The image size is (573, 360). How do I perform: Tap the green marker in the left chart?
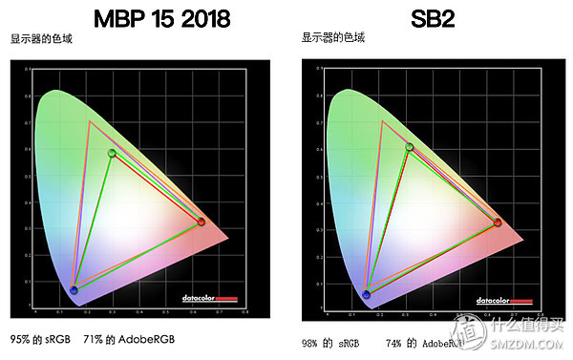tap(113, 153)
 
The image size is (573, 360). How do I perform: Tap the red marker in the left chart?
tap(201, 222)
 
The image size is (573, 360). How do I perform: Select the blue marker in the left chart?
tap(74, 290)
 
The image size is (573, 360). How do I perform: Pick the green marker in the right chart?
tap(410, 147)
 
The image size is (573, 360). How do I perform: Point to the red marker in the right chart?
tap(498, 222)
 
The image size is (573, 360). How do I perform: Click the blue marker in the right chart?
tap(367, 294)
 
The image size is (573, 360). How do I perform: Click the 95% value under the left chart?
tap(20, 340)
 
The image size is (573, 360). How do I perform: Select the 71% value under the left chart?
tap(93, 340)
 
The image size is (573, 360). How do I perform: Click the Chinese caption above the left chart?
tap(42, 39)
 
